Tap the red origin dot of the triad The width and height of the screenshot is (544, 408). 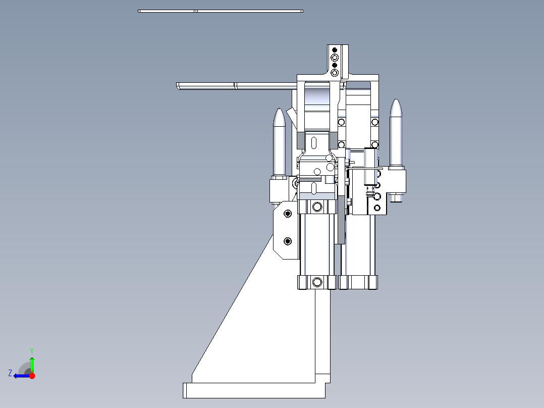point(32,376)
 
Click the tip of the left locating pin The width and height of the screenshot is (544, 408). point(279,110)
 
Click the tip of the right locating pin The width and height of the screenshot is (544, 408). point(396,101)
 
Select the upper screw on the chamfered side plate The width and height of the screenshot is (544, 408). point(288,214)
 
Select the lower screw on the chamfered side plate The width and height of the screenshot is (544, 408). point(288,240)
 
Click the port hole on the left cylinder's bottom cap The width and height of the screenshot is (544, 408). point(317,282)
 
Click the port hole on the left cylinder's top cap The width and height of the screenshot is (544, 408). point(317,207)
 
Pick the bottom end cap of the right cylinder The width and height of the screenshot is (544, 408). point(358,282)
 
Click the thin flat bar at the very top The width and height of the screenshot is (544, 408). point(221,11)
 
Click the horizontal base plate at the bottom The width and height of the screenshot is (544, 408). point(252,390)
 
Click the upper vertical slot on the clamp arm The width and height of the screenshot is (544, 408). point(314,142)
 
